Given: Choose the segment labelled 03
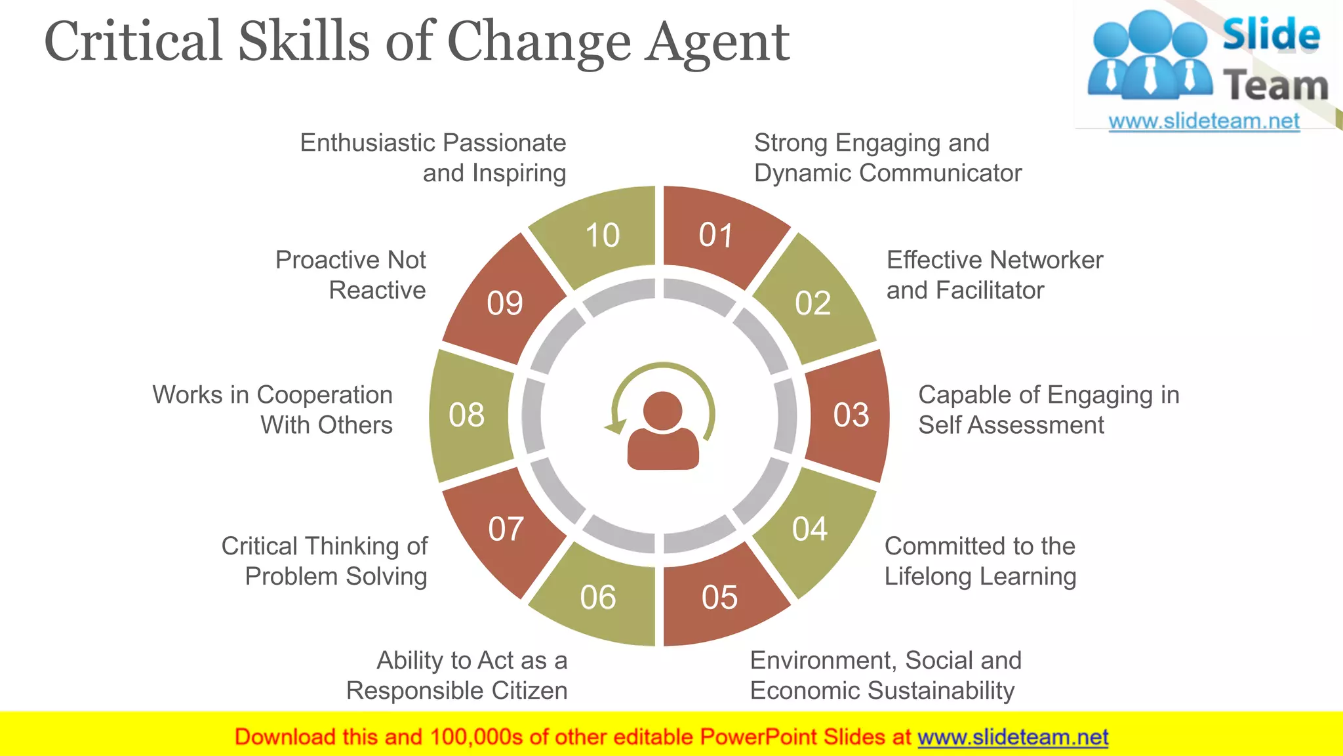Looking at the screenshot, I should [x=851, y=415].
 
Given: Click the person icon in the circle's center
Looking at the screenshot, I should [x=663, y=430].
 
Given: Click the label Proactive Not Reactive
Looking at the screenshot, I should [x=351, y=275].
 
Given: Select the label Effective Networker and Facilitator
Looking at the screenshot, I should [x=994, y=275].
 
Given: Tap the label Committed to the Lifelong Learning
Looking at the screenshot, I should [x=980, y=561].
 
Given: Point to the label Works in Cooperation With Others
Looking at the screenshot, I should [x=273, y=409].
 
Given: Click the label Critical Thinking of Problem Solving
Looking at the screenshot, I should [x=325, y=561].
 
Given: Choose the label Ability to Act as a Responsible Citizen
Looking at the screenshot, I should [x=457, y=675].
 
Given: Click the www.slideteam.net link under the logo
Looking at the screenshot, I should [x=1204, y=121].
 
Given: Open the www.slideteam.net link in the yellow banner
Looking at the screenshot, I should [x=1012, y=738].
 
